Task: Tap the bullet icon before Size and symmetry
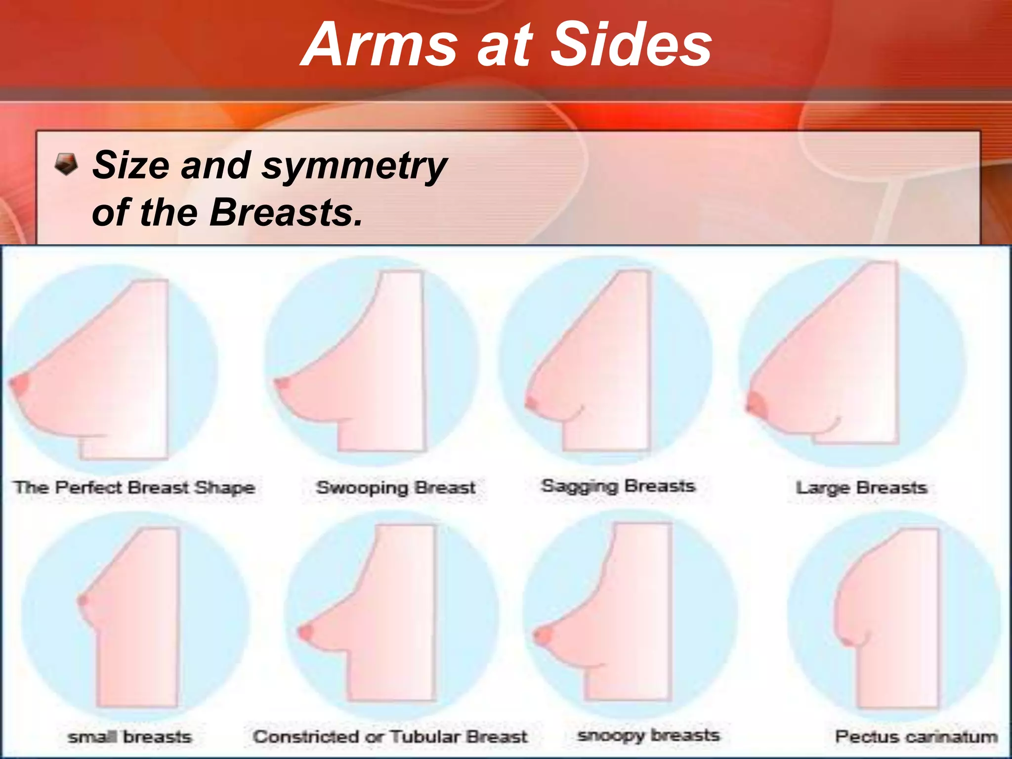66,165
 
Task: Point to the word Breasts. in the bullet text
286,212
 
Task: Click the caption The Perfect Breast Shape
134,488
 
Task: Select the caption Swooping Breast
395,488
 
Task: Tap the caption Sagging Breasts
618,486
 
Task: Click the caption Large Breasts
861,488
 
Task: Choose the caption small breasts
129,737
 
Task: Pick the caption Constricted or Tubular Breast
390,737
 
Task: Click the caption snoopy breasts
648,735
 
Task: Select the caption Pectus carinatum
916,737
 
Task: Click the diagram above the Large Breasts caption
852,363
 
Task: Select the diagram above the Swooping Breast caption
372,361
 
